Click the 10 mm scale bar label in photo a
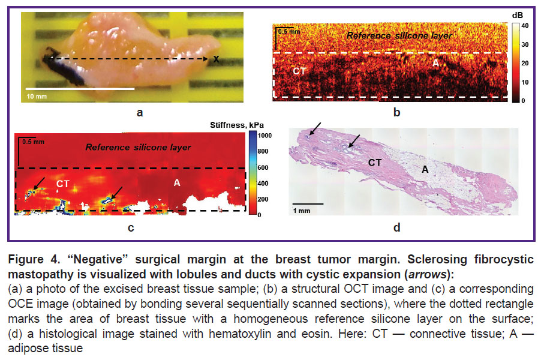[x=37, y=96]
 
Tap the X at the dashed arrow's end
[x=216, y=59]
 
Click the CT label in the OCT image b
[x=299, y=71]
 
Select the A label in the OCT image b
[x=436, y=63]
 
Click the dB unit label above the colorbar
[x=518, y=15]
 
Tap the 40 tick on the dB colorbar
[x=525, y=26]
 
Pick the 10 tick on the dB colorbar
[x=525, y=82]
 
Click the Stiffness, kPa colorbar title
[x=237, y=125]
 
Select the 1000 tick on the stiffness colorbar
[x=265, y=136]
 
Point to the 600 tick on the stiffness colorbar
[x=263, y=168]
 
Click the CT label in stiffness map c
[x=63, y=184]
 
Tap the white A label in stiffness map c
[x=177, y=182]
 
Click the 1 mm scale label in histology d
[x=302, y=211]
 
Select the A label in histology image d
[x=425, y=169]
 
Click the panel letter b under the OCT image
[x=397, y=112]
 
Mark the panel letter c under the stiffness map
[x=131, y=228]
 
